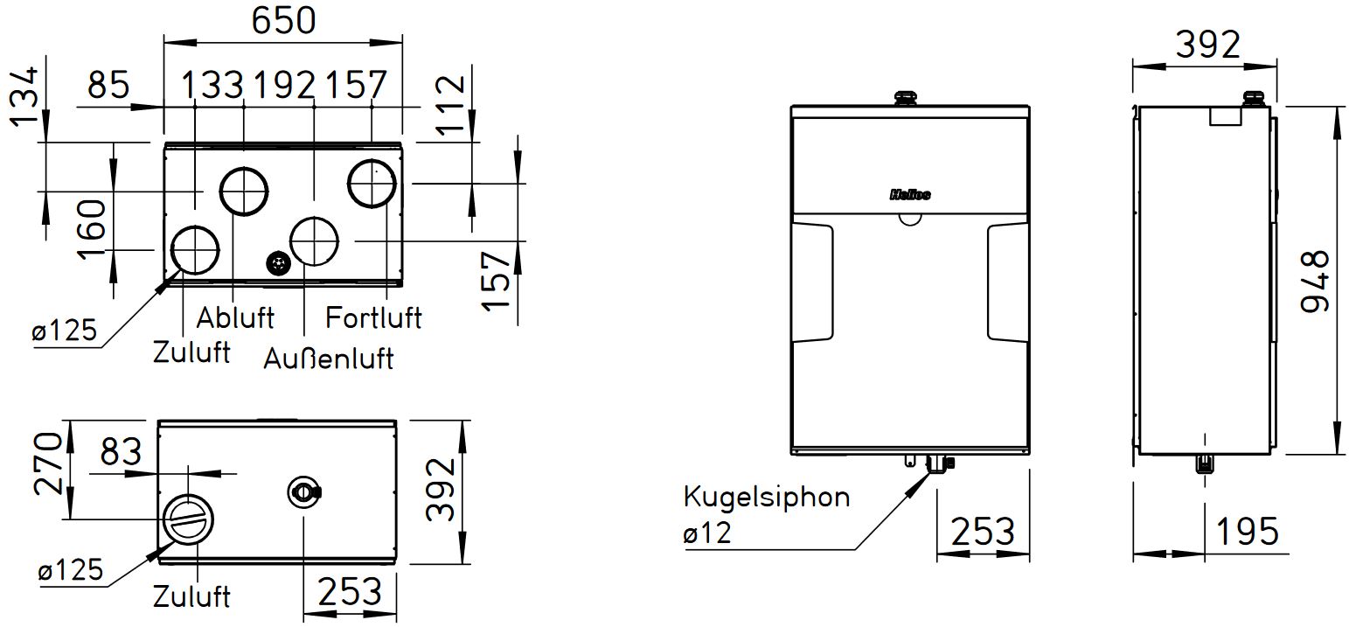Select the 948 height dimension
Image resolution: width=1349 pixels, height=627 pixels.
click(1313, 281)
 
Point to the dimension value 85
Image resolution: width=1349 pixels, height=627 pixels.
click(108, 86)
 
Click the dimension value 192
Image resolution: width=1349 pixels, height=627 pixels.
click(283, 86)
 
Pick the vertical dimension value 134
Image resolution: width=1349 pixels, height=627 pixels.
click(24, 94)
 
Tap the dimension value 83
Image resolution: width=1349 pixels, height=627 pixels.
click(121, 453)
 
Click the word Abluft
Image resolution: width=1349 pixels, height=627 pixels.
click(234, 317)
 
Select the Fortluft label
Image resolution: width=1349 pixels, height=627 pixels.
click(373, 317)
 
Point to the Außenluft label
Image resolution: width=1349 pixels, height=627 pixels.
click(329, 357)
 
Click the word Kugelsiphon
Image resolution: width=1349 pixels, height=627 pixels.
click(766, 498)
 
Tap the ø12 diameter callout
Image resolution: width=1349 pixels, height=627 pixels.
click(706, 533)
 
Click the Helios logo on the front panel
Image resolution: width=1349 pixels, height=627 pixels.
click(910, 194)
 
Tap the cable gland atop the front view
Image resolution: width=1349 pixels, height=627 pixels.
click(903, 97)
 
